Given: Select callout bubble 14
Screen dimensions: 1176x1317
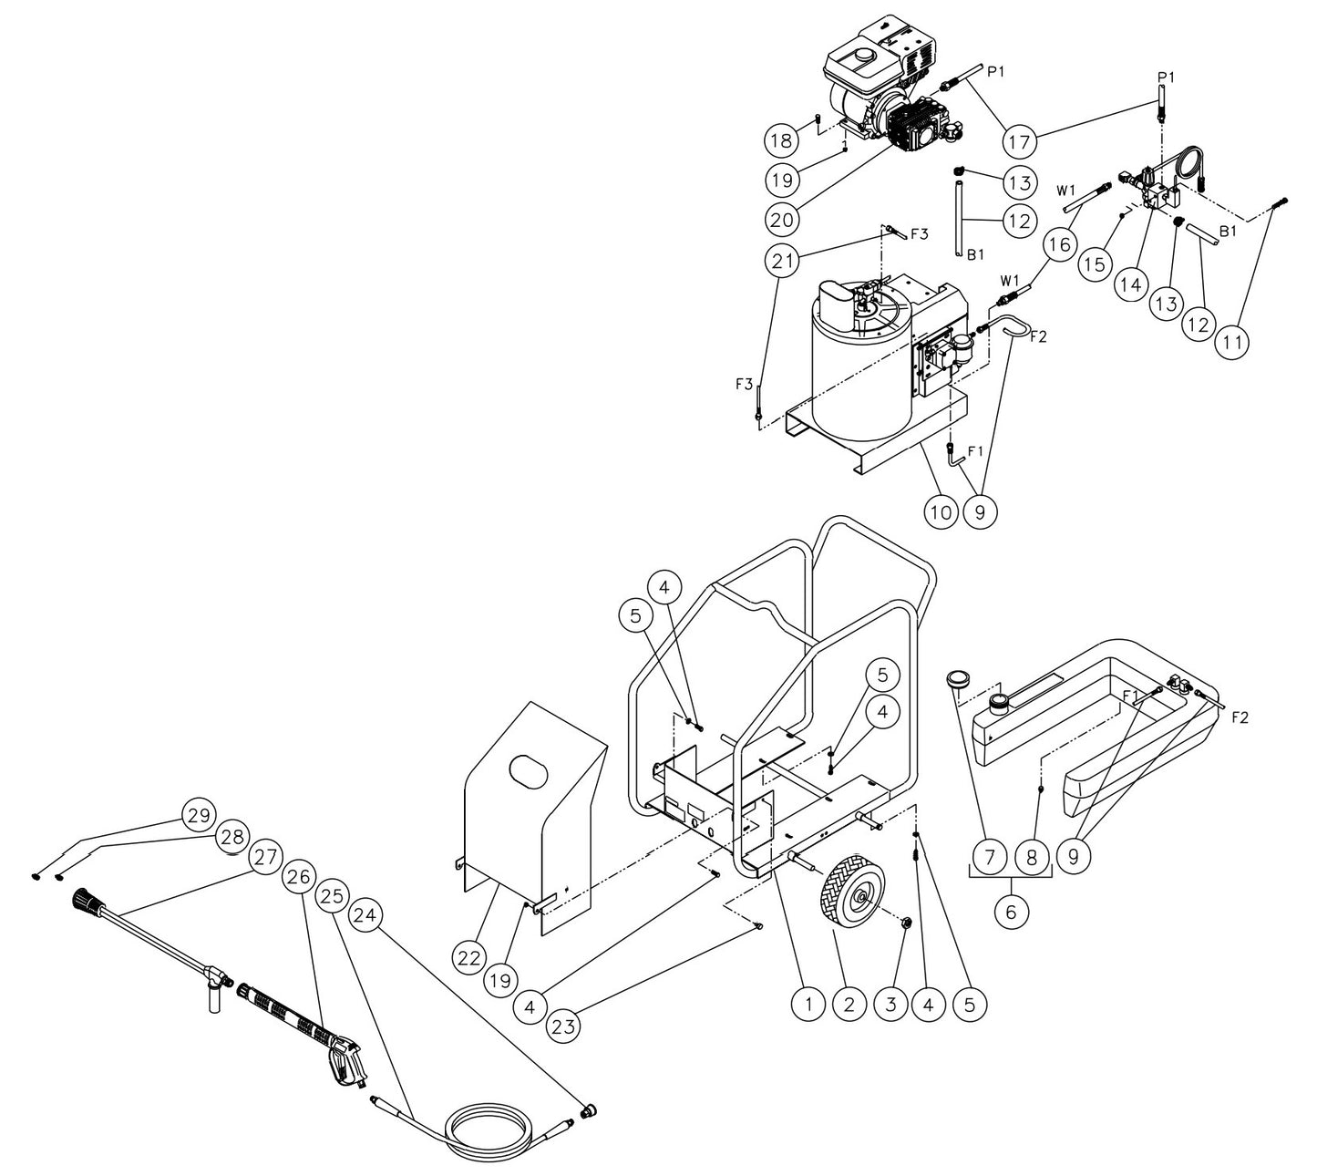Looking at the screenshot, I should coord(1130,284).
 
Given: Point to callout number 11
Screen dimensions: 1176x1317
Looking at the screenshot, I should coord(1231,341).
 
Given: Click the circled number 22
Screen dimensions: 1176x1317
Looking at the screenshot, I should coord(469,956).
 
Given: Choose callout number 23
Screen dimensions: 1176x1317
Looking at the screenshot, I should coord(566,1025).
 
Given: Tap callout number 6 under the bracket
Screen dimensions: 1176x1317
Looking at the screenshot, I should coord(1011,911).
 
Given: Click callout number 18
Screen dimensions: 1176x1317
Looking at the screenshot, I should coord(781,140).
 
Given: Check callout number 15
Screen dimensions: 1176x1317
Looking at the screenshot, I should coord(1095,263).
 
